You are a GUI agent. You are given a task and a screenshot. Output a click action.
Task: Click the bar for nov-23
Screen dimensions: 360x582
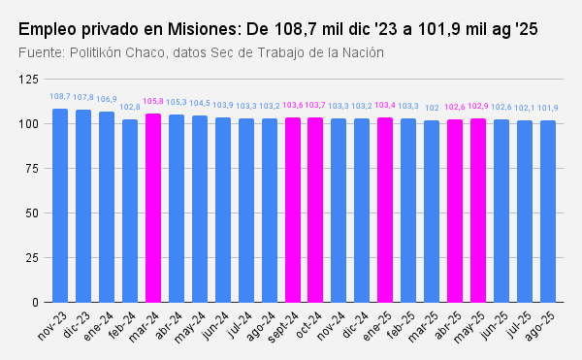coord(60,205)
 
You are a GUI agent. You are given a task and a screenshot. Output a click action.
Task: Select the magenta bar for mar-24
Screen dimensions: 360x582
coord(153,208)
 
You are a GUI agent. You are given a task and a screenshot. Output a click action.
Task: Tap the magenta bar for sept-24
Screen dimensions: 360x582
coord(293,210)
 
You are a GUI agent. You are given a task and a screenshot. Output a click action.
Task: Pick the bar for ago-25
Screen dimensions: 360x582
coord(548,211)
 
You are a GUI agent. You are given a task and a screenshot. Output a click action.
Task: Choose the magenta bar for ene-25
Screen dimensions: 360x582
coord(385,210)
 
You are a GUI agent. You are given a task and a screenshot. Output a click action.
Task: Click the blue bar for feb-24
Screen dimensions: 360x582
coord(130,211)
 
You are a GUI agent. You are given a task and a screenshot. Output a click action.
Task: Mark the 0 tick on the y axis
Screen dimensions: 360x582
coord(36,302)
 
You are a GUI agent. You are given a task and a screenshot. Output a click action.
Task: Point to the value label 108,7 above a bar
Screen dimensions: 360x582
coord(60,97)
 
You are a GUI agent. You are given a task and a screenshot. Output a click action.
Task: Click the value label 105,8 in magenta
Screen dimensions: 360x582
coord(153,102)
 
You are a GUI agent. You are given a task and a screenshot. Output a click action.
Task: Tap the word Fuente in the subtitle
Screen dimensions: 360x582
coord(43,51)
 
